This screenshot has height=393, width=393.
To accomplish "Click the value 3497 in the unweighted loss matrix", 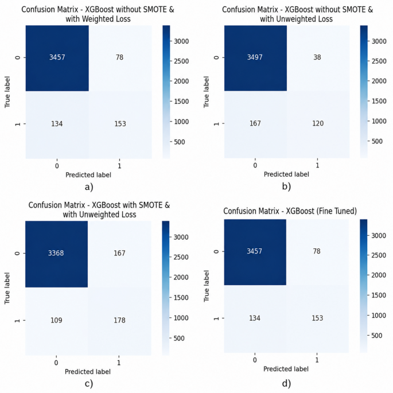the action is coord(255,57).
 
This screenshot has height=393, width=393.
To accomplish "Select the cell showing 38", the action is coord(317,57).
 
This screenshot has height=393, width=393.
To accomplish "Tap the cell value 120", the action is coord(318,123).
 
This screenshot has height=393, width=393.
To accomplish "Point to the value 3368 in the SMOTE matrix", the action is coord(56,253).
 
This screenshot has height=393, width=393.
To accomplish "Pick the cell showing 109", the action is coord(56,320).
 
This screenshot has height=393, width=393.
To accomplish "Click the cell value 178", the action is coord(119,320).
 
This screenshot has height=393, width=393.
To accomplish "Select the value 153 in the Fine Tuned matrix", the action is coord(317,318).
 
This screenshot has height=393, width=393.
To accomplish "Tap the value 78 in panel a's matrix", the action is coord(119,57).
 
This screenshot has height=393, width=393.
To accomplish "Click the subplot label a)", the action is coord(89,187).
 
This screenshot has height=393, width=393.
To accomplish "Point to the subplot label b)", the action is coord(286,186).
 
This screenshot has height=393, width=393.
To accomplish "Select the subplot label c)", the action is coord(89,383).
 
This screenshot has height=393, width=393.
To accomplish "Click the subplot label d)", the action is coord(286,383).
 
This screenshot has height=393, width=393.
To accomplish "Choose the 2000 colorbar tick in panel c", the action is coord(181,277).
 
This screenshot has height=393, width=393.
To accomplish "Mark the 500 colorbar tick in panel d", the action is coord(377,336).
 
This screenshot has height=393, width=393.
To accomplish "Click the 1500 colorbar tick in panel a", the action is coord(181,101).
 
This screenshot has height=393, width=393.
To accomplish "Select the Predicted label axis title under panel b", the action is coord(286,174).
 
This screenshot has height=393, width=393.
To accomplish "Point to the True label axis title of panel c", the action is coord(7,288).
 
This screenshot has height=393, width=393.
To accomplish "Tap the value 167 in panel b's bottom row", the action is coord(255,123).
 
